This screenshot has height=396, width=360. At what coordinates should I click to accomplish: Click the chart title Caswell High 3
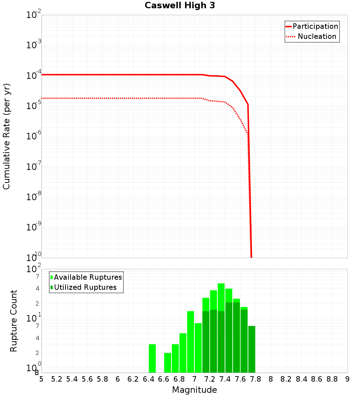tap(180, 6)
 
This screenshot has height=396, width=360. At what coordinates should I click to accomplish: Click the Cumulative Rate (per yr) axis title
tap(6, 136)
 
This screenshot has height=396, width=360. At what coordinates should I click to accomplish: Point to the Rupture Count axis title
tap(14, 321)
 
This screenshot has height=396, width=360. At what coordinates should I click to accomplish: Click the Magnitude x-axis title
tap(194, 390)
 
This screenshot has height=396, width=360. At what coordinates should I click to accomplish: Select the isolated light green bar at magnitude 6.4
tap(152, 358)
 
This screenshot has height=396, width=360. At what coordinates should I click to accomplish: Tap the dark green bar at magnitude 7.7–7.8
tap(252, 349)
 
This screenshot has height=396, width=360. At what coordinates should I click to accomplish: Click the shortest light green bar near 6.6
tap(167, 363)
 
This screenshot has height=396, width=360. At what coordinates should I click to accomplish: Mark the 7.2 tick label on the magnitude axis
tap(210, 379)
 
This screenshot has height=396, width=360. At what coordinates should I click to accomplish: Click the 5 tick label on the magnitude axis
tap(41, 379)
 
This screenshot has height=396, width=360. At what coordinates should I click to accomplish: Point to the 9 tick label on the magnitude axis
tap(347, 379)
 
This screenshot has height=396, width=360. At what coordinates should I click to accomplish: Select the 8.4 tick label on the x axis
tap(301, 379)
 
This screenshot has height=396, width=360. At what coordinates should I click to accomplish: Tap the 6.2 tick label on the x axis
tap(133, 379)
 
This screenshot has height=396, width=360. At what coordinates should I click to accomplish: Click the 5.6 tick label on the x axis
tap(87, 379)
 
